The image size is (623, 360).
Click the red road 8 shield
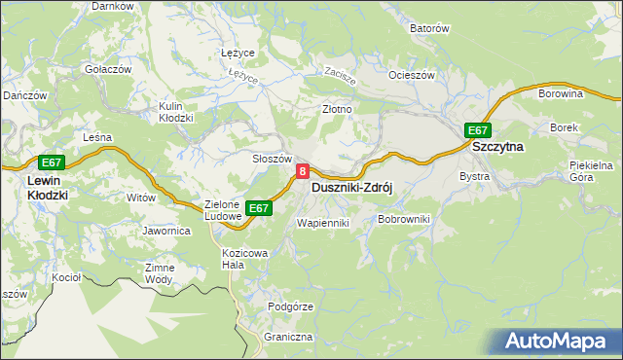(303, 171)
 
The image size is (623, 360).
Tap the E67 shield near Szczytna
(476, 130)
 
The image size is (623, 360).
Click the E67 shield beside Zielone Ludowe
(257, 208)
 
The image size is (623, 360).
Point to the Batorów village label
(428, 29)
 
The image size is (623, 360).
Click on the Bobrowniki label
(403, 221)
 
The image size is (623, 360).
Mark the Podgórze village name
(290, 306)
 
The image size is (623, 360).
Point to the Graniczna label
(287, 337)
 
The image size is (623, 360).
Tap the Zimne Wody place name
(159, 273)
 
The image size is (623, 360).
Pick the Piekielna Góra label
(588, 171)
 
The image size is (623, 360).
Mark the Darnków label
(112, 6)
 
